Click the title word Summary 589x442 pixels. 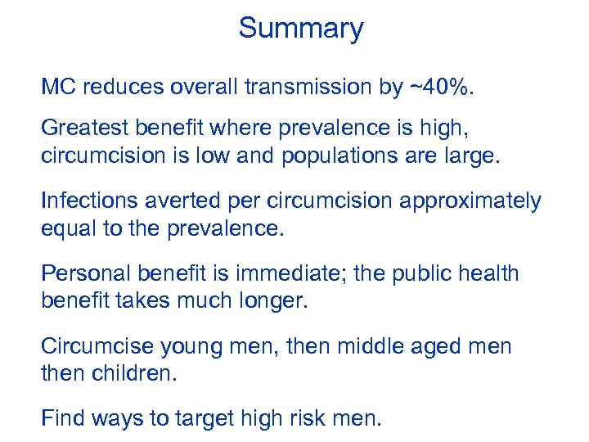point(300,29)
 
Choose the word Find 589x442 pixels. point(62,419)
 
